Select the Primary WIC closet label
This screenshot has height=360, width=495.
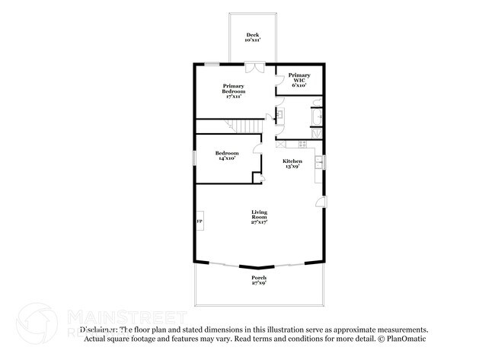299,78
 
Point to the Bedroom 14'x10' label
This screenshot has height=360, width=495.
226,155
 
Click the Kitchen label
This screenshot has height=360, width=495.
292,163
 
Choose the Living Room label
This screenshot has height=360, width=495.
259,218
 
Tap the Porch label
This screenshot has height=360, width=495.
259,280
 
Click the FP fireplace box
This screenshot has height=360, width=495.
200,221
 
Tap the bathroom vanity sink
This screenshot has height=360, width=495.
279,116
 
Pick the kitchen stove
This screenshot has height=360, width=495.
302,144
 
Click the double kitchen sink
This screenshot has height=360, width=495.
324,161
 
